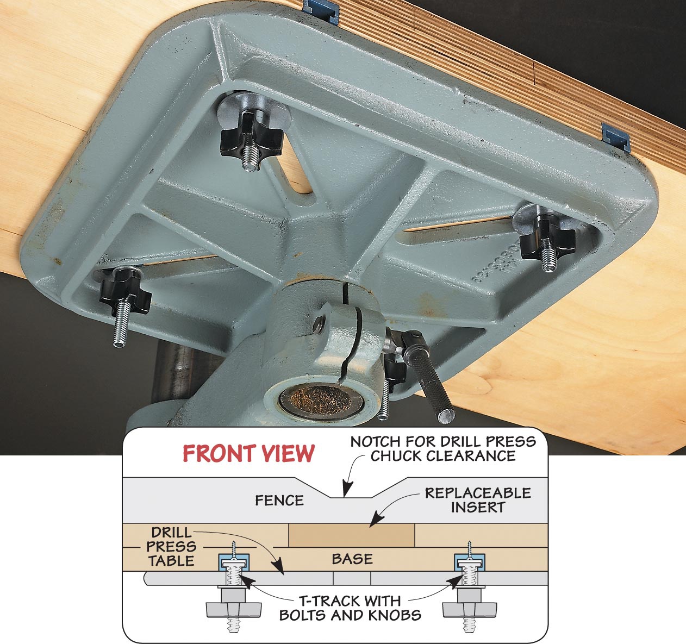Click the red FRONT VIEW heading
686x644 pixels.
tap(248, 453)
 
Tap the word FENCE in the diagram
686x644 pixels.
tap(279, 501)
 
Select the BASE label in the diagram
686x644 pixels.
tap(352, 559)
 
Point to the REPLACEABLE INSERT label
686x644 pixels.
tap(478, 501)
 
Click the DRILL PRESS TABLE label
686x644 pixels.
tap(171, 547)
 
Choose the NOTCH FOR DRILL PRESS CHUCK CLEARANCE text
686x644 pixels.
tap(443, 449)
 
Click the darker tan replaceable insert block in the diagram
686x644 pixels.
tap(352, 535)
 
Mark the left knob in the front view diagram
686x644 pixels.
tap(234, 610)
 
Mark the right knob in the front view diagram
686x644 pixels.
tap(470, 610)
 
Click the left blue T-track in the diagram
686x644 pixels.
tap(234, 562)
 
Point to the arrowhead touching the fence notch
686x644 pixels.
tap(347, 489)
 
